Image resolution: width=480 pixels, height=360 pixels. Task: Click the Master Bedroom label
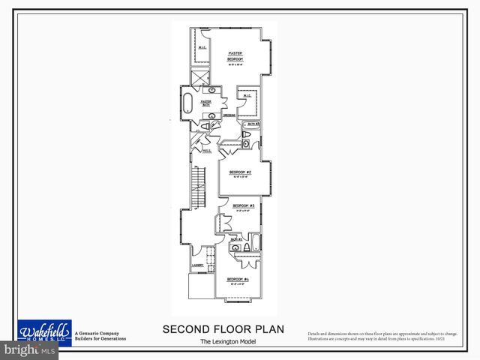point(238,55)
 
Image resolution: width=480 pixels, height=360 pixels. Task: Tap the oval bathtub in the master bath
point(187,103)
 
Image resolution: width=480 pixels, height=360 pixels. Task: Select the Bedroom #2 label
point(239,172)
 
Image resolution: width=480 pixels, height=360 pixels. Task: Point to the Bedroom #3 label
point(243,205)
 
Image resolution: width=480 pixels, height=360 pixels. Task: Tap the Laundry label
point(198,265)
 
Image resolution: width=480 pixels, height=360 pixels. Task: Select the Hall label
point(206,150)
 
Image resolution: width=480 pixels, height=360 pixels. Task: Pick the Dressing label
point(229,115)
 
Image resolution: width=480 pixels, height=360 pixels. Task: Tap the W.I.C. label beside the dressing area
point(247,95)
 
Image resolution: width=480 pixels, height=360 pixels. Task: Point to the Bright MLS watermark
point(30,349)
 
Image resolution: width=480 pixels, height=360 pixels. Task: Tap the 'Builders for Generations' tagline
point(100,339)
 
